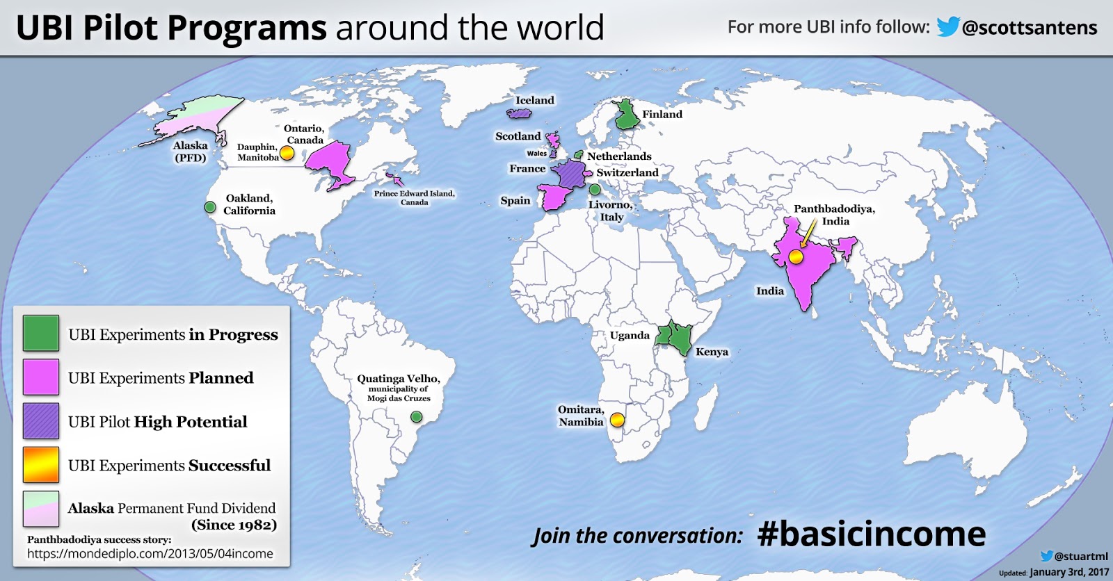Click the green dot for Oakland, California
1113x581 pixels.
210,207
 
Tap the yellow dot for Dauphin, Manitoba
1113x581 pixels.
287,154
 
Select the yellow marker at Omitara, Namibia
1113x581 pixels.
617,420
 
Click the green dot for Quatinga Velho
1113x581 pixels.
416,417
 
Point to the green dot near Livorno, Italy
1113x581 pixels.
595,190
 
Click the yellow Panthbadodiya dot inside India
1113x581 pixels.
796,257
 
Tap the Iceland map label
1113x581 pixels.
534,101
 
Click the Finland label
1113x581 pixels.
662,115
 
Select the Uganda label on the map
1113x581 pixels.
630,336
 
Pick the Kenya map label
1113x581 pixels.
712,352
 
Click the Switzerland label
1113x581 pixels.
627,173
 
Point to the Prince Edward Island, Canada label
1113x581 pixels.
414,198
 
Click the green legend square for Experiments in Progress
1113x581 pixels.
41,334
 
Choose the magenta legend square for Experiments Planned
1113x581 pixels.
41,377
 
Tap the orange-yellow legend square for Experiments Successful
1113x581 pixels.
41,465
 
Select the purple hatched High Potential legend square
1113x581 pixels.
41,421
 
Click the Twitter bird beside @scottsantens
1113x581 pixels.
947,27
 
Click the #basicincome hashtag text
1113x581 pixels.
871,534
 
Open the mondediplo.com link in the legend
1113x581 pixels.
150,554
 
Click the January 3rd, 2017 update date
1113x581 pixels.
1069,573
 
